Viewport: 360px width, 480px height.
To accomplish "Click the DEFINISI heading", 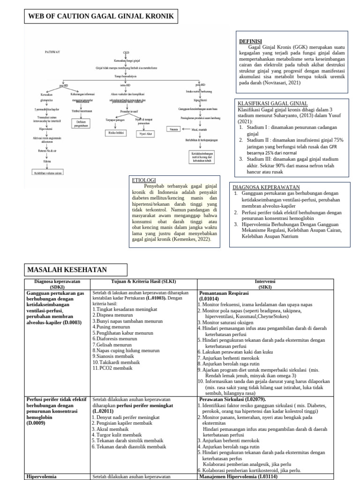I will pyautogui.click(x=251, y=41).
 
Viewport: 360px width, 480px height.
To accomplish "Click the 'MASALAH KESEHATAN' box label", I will pyautogui.click(x=67, y=270).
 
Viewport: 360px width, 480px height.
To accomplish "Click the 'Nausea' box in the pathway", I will pyautogui.click(x=173, y=128).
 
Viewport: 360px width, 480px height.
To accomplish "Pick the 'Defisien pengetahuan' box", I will pyautogui.click(x=81, y=123).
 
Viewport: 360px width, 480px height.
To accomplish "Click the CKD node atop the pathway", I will pyautogui.click(x=126, y=52).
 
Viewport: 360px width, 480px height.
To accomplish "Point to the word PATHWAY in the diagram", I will pyautogui.click(x=52, y=52).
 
